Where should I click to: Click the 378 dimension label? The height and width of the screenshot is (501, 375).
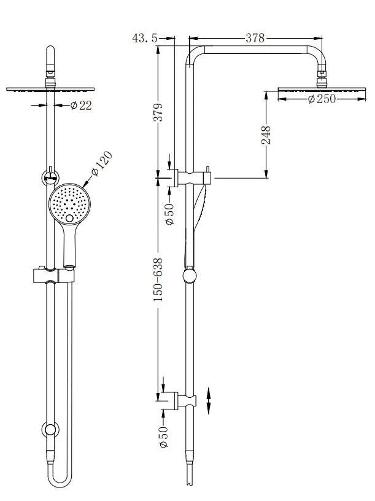(255, 38)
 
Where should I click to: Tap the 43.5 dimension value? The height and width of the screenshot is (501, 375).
(145, 38)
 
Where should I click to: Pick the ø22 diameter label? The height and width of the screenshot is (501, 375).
(80, 106)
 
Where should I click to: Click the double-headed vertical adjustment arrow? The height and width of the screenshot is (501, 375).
(209, 402)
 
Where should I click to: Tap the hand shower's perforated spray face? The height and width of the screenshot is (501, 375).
(69, 201)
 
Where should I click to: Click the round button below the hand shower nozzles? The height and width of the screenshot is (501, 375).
(69, 218)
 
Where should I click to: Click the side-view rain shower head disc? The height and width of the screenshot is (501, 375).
(319, 90)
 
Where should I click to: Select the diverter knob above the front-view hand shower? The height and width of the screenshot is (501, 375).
(48, 177)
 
